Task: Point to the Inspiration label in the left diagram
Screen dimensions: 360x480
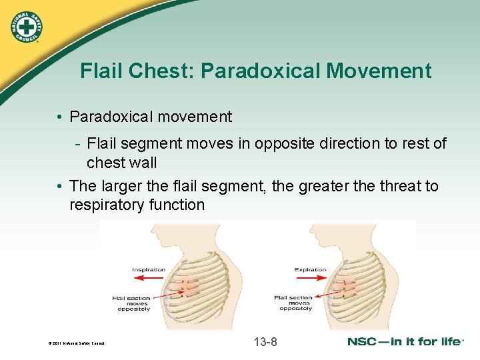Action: point(149,270)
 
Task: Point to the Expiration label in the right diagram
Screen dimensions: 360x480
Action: point(310,270)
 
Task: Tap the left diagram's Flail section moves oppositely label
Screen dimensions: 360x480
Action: point(133,303)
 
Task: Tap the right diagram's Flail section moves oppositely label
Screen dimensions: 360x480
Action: point(296,303)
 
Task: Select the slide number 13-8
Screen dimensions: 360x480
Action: point(265,343)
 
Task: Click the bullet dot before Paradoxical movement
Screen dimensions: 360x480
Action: point(60,117)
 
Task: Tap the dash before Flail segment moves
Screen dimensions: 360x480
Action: point(78,144)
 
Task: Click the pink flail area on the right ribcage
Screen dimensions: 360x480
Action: point(349,287)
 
